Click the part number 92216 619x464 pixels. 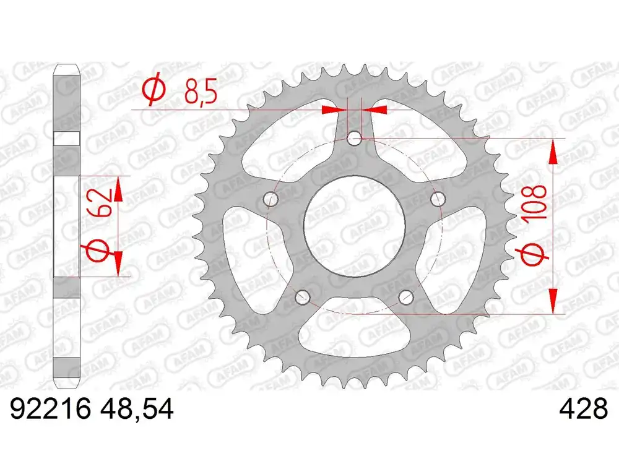[x=51, y=410]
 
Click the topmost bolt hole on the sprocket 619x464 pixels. [x=354, y=137]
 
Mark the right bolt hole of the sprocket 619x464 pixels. [x=438, y=199]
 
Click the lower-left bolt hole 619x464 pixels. [x=303, y=298]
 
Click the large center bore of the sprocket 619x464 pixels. [x=354, y=226]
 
